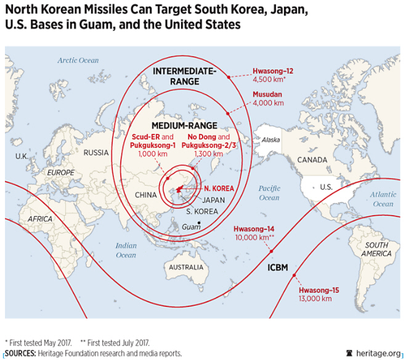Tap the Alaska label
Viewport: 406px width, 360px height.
[x=271, y=140]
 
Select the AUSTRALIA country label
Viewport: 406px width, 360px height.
[x=185, y=267]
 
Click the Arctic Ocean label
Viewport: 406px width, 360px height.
[x=78, y=60]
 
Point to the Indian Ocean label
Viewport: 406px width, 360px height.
[x=126, y=250]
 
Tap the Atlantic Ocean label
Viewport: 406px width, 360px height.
[x=383, y=199]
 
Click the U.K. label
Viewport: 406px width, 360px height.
[x=22, y=156]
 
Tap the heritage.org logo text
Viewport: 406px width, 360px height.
[x=377, y=353]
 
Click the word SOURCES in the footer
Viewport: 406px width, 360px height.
[x=21, y=353]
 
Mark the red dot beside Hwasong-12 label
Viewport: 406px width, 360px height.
[x=229, y=76]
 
